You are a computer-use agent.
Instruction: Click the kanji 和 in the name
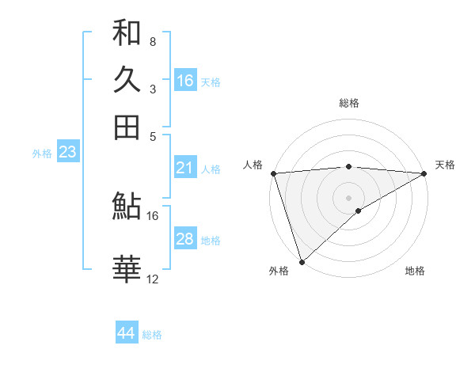click(127, 33)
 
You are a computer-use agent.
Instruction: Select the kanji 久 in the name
click(127, 80)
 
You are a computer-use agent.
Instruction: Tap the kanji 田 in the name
click(127, 127)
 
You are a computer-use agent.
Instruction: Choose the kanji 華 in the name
click(127, 270)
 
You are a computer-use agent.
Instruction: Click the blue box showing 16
click(185, 81)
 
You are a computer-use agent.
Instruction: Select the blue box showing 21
click(185, 168)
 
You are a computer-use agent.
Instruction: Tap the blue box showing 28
click(185, 239)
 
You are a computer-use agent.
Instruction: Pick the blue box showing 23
click(67, 152)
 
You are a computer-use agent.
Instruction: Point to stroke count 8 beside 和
click(152, 41)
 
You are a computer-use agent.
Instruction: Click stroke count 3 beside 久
click(152, 89)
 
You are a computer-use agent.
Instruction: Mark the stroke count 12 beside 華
click(152, 279)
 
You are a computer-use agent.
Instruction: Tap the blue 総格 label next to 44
click(152, 335)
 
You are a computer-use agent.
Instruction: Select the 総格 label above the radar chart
click(349, 103)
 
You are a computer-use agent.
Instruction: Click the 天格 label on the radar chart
click(445, 165)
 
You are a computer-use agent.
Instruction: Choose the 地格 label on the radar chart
click(415, 271)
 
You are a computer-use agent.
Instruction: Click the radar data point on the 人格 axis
click(273, 173)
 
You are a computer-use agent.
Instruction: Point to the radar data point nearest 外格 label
click(302, 261)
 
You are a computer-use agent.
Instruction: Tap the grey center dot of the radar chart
click(349, 197)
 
